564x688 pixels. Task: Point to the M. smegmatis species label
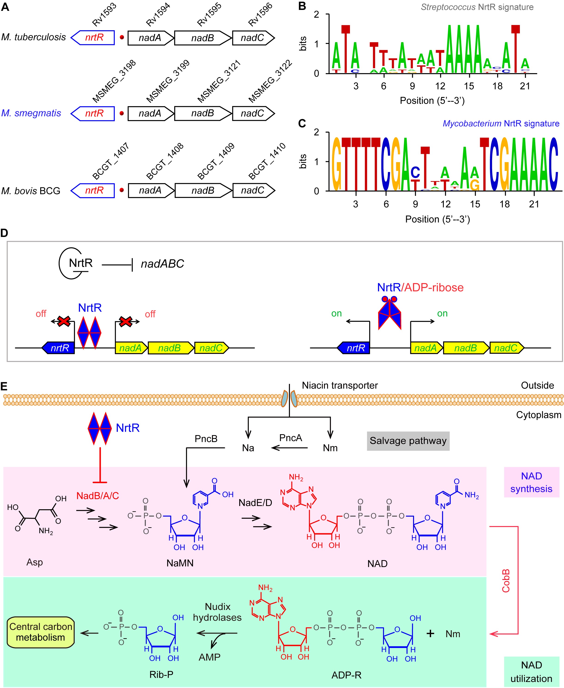(x=31, y=113)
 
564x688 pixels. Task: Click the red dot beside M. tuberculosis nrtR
(x=122, y=37)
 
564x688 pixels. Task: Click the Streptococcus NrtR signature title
(x=477, y=7)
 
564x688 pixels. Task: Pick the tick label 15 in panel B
(x=469, y=86)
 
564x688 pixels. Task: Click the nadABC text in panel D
(x=162, y=264)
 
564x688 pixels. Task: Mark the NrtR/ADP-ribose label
(x=420, y=288)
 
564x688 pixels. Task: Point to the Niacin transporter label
(x=340, y=385)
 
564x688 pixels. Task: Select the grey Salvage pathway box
(x=408, y=441)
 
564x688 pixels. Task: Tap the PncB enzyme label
(x=206, y=439)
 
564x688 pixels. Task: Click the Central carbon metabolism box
(x=41, y=632)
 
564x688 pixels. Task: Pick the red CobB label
(x=506, y=581)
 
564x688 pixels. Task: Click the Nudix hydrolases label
(x=217, y=612)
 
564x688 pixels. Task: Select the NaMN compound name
(x=180, y=563)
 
